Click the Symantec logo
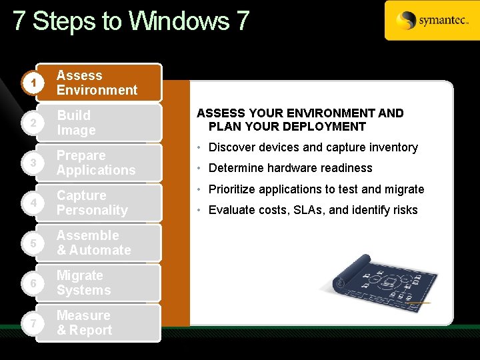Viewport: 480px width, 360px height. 431,21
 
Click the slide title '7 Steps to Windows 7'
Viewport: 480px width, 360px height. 131,21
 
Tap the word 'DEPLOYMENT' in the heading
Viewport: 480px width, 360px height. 325,127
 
